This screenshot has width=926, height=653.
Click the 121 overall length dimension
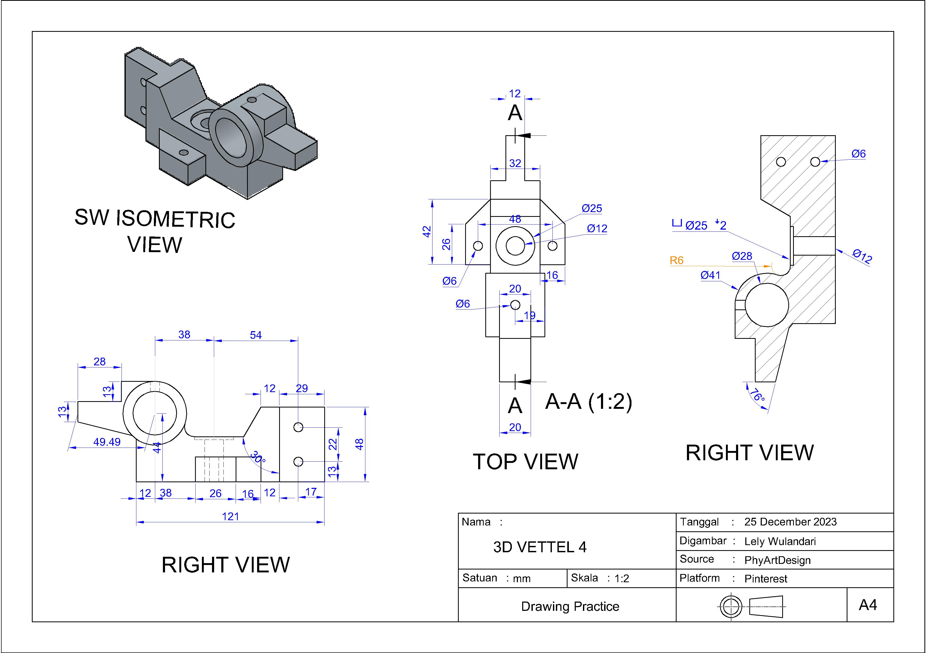click(x=230, y=516)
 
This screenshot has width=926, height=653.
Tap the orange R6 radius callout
click(x=676, y=260)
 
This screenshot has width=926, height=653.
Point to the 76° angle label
click(x=757, y=395)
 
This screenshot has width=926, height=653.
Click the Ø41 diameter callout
click(x=710, y=275)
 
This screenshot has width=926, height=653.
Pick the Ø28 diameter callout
click(x=742, y=256)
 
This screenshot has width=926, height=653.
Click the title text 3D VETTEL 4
click(x=540, y=547)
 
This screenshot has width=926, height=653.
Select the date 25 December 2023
click(x=790, y=522)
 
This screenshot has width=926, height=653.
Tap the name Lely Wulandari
click(x=780, y=541)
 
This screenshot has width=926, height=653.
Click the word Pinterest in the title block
click(x=765, y=579)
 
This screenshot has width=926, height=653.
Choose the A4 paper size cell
click(x=868, y=605)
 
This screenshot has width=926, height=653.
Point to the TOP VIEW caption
click(x=525, y=462)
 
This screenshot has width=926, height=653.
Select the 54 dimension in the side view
click(x=256, y=335)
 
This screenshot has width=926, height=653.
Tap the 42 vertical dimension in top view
click(x=426, y=232)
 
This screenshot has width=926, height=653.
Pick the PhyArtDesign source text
click(x=777, y=560)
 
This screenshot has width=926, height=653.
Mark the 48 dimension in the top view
click(x=515, y=219)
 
